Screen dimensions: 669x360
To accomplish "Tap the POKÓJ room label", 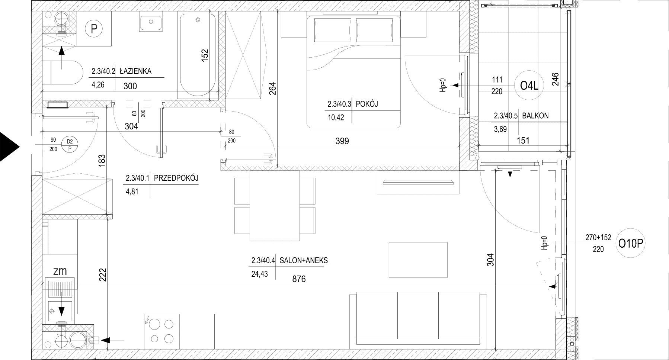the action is pos(367,104).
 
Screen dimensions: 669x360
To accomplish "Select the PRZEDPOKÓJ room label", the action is pos(176,178).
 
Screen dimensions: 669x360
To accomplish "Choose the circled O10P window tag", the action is pos(631,244).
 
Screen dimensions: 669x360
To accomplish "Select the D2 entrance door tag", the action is pos(70,145).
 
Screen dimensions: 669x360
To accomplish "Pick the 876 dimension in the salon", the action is pos(299,279).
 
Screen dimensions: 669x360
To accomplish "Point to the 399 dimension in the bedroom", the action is pos(342,141).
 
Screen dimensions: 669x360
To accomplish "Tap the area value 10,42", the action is pos(336,118).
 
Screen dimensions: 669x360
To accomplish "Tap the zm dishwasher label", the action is pos(60,271).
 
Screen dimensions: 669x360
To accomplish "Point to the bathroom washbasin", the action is pos(151,22).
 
